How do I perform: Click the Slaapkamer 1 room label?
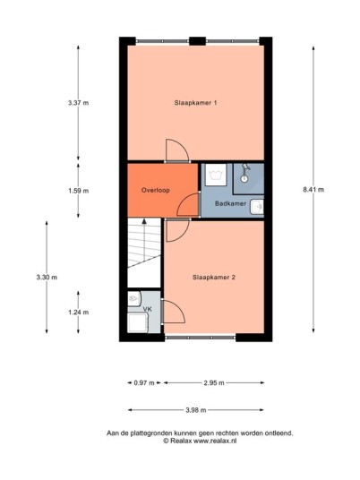195,103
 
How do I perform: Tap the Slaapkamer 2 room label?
214,278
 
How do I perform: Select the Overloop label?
156,190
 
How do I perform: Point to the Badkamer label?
230,203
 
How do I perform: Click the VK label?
148,309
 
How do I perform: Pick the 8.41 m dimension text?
313,190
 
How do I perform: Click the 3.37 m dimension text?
79,103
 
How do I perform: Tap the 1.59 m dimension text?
79,191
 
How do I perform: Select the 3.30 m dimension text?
47,278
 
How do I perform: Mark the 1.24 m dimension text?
79,313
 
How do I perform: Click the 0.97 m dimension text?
144,382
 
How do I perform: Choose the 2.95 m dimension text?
214,382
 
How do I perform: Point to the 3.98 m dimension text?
196,410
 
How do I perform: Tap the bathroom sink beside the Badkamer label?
257,207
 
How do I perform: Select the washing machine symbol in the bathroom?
216,175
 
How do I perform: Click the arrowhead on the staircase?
144,221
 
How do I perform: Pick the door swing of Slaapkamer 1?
177,150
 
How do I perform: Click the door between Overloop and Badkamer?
189,205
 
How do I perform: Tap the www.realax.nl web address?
215,441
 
